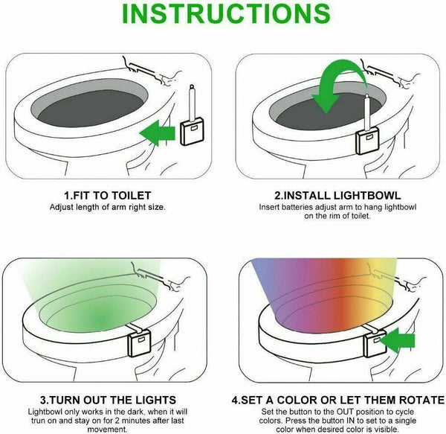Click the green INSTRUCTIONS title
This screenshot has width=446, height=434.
pos(226,13)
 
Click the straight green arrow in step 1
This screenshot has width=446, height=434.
pos(158,133)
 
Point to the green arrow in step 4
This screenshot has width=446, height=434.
pos(398,340)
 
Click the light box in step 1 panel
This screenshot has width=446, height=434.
pos(192,132)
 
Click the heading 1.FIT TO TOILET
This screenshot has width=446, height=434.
pos(108,195)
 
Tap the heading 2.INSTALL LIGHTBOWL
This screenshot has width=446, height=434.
pos(337,195)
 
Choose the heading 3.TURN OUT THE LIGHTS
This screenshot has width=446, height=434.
pos(108,400)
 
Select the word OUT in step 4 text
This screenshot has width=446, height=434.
pos(345,412)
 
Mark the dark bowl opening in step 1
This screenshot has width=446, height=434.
pos(91,108)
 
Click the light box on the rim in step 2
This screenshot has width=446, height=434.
pos(368,141)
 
